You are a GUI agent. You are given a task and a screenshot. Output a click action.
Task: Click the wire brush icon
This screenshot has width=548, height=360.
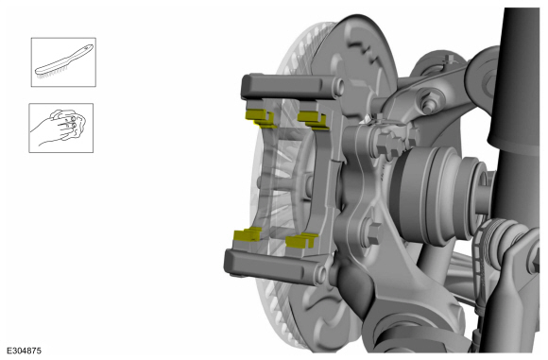[63, 62]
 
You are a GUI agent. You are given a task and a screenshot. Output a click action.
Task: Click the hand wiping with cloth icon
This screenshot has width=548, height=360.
[60, 128]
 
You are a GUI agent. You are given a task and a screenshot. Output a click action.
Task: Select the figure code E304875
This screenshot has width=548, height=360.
[25, 351]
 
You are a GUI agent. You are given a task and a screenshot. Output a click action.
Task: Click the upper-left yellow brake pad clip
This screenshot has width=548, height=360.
[260, 117]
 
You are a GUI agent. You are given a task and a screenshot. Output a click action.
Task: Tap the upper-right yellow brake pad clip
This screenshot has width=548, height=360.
[313, 120]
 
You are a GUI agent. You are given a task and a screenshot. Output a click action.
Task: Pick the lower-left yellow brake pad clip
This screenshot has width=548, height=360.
[248, 235]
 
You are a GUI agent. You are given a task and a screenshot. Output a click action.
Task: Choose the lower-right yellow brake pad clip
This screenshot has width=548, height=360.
[301, 240]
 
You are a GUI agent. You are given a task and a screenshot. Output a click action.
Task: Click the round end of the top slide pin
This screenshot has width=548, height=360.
[338, 87]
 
